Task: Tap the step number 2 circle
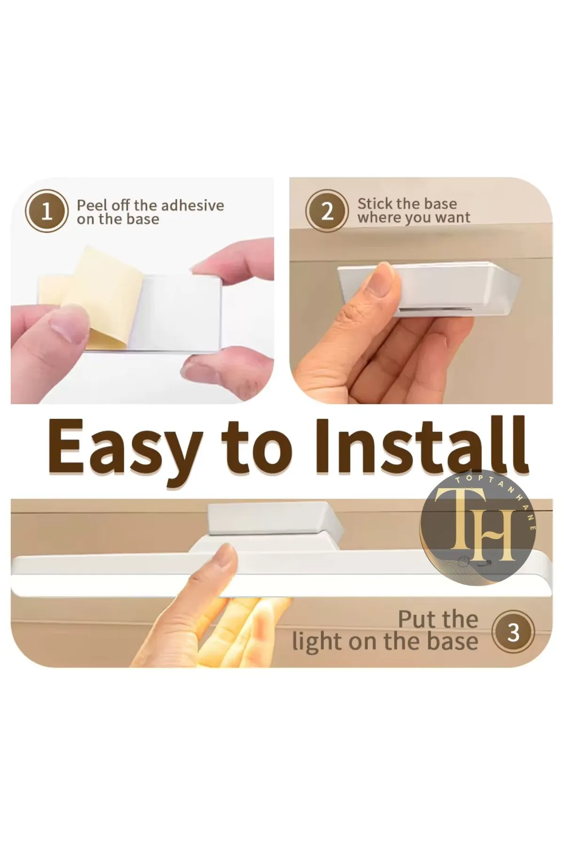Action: click(327, 211)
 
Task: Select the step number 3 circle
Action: click(513, 633)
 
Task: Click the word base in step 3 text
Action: click(450, 641)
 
